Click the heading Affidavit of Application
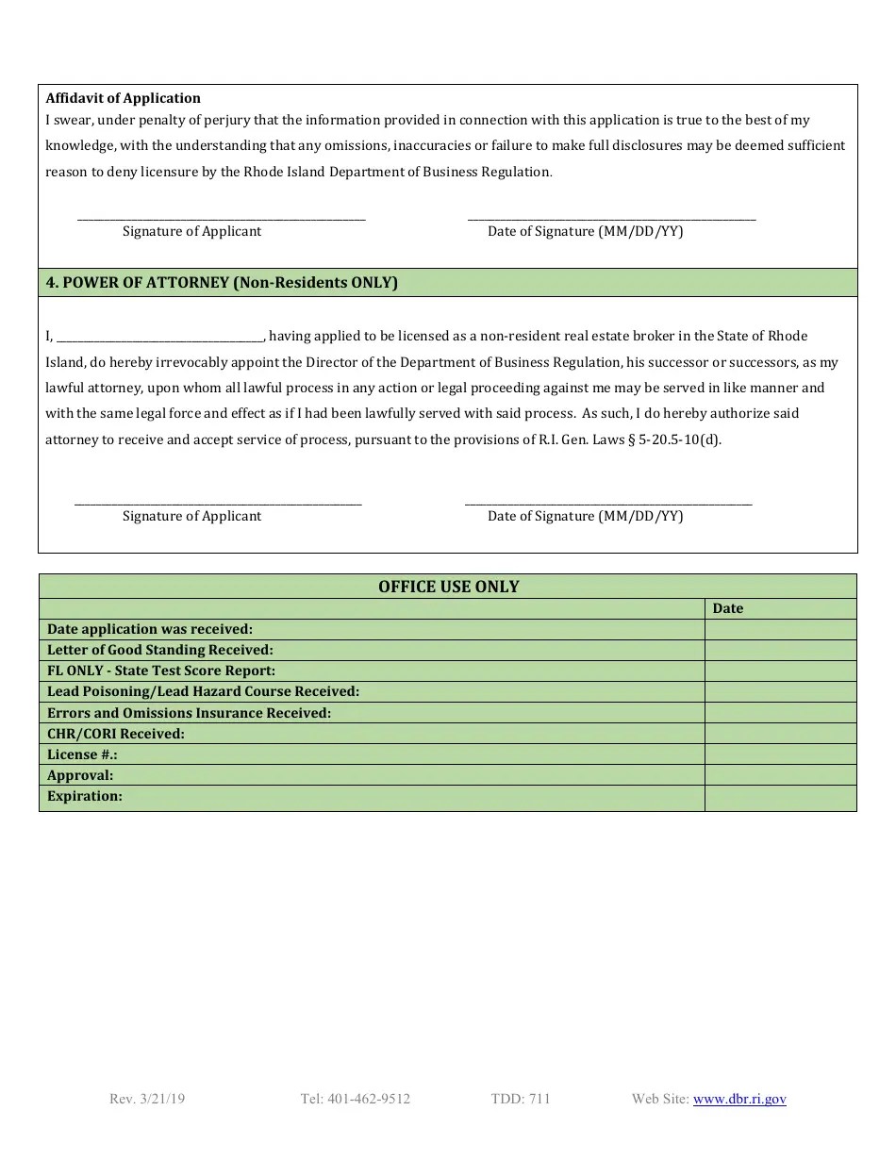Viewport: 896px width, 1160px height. [124, 98]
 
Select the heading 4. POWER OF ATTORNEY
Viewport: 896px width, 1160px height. [222, 283]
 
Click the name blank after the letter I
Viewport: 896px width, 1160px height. [160, 337]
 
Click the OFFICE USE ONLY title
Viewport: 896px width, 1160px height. [448, 587]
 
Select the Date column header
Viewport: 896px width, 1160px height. [728, 608]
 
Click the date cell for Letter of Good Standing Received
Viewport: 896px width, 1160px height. [780, 650]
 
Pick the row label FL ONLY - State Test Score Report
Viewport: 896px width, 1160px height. [161, 671]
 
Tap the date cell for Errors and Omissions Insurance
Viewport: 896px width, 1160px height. [780, 713]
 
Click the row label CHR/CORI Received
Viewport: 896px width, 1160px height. [116, 734]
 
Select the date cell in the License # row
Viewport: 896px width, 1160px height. [780, 754]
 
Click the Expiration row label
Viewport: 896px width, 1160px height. [85, 796]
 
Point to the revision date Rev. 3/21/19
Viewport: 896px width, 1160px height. [147, 1099]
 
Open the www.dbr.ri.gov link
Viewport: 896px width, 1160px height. [739, 1099]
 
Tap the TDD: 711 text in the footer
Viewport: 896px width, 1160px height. [521, 1099]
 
